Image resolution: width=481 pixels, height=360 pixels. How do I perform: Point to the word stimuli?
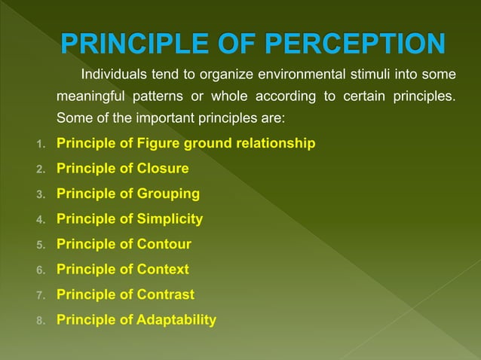pyautogui.click(x=368, y=75)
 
